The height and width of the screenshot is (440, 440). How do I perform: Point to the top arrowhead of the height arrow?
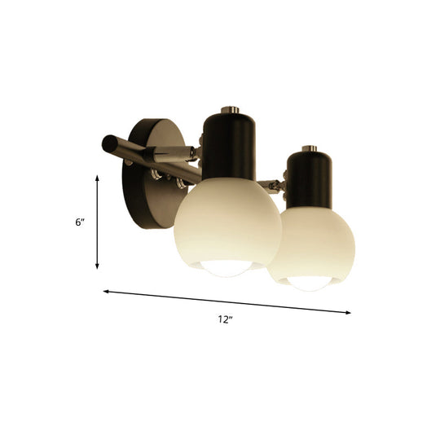(x=98, y=175)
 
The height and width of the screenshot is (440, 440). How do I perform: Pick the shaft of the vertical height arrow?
(x=98, y=222)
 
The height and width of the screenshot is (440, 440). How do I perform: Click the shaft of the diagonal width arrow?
(x=228, y=301)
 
